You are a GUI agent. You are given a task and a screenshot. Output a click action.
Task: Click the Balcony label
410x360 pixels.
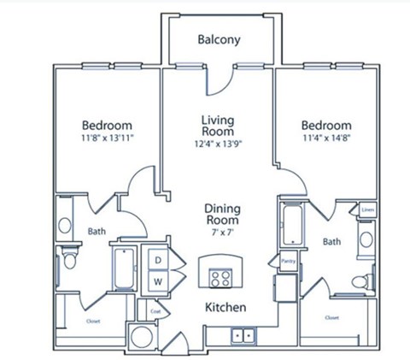[219, 39]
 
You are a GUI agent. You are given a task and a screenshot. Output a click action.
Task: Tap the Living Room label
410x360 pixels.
[218, 127]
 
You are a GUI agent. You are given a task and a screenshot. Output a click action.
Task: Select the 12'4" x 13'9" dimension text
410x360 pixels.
[218, 144]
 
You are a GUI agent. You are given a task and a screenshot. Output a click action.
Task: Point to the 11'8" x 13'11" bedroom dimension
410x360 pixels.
[107, 136]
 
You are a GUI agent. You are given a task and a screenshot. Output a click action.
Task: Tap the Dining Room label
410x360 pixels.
[221, 215]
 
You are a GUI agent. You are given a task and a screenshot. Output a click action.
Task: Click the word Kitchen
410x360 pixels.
[225, 306]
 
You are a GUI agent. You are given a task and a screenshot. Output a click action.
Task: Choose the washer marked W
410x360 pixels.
[159, 280]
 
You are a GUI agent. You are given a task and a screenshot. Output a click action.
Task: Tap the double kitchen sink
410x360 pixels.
[243, 335]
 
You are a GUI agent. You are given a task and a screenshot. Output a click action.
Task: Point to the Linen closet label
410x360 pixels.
[367, 209]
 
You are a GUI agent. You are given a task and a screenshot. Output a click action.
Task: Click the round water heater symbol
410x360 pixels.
[140, 336]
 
